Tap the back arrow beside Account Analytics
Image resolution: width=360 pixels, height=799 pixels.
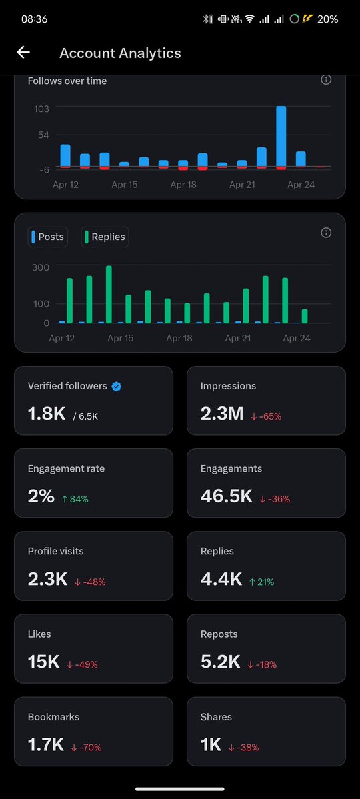click(x=23, y=53)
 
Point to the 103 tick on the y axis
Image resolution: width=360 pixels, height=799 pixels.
click(x=41, y=108)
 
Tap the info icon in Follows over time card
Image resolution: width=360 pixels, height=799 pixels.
click(x=326, y=80)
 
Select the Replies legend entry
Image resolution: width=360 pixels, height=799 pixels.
click(x=105, y=237)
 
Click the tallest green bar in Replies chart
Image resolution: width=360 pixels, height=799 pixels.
click(x=109, y=294)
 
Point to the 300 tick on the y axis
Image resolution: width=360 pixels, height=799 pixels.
click(x=41, y=267)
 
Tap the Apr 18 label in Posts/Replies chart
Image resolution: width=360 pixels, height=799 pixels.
click(x=179, y=339)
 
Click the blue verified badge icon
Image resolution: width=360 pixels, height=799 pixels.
click(x=117, y=386)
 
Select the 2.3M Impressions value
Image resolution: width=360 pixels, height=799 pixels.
click(x=222, y=414)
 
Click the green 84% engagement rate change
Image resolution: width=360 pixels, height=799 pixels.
click(x=75, y=499)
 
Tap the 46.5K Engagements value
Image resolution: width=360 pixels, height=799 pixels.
click(x=227, y=496)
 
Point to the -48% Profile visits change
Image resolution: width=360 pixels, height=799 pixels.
click(x=90, y=582)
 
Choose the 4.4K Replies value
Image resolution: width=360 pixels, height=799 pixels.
click(x=221, y=579)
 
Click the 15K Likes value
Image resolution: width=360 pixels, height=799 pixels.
click(x=43, y=662)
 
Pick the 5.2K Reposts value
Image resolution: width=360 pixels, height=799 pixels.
click(x=221, y=662)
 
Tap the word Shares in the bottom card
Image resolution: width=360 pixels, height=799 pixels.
click(x=216, y=717)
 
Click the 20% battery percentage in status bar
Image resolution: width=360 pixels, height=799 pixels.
click(x=327, y=19)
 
